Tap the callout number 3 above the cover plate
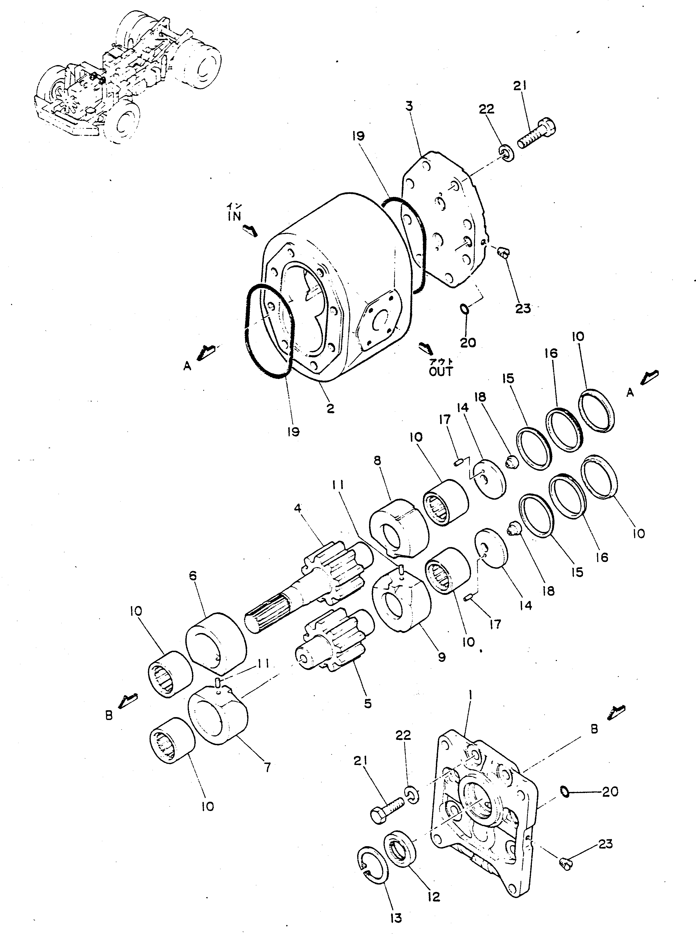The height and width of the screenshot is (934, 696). tap(409, 106)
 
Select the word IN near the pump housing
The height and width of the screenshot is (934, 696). tap(234, 216)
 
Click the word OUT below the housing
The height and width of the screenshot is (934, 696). tap(441, 371)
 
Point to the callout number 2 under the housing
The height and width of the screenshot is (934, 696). tap(330, 408)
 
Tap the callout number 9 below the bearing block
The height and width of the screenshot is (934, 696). tap(441, 657)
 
